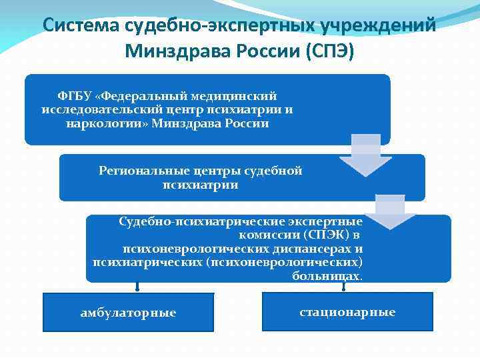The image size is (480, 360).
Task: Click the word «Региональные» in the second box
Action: pyautogui.click(x=137, y=171)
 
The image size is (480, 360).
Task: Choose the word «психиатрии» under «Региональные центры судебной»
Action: pyautogui.click(x=200, y=185)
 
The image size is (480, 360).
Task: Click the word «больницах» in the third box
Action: pyautogui.click(x=327, y=275)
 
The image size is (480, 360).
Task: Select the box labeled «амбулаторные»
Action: pyautogui.click(x=128, y=313)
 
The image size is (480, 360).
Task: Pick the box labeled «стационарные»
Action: pyautogui.click(x=347, y=311)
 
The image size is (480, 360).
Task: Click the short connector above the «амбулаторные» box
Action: pyautogui.click(x=137, y=287)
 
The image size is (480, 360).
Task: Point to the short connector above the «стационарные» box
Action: pyautogui.click(x=344, y=287)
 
